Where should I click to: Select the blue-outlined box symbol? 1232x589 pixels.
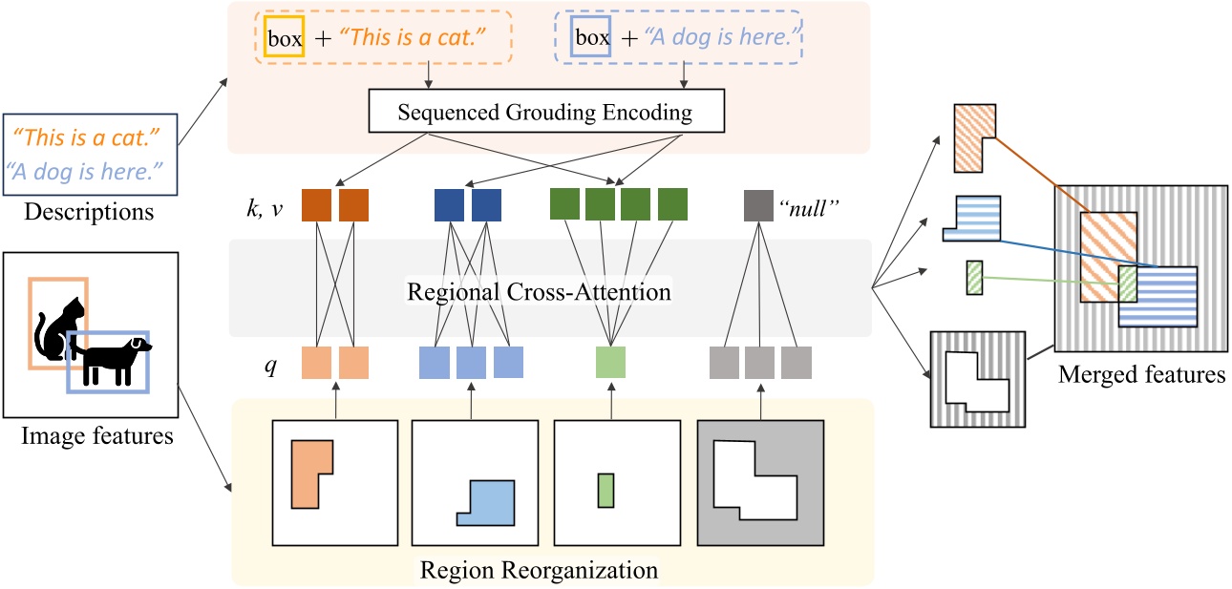click(592, 39)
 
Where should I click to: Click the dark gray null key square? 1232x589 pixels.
click(758, 205)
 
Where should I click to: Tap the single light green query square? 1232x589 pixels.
click(610, 363)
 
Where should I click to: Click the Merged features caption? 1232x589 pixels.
click(1141, 375)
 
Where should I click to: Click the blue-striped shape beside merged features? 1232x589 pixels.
click(973, 219)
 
